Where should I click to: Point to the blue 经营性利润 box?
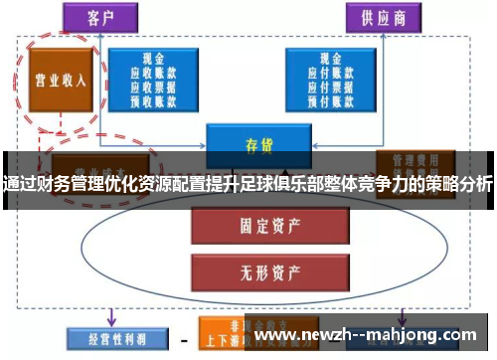108,338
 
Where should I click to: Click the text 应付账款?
334,72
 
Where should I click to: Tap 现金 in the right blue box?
334,59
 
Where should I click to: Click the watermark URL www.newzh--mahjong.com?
367,336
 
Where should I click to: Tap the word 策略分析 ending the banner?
457,184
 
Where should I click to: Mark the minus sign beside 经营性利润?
185,338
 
